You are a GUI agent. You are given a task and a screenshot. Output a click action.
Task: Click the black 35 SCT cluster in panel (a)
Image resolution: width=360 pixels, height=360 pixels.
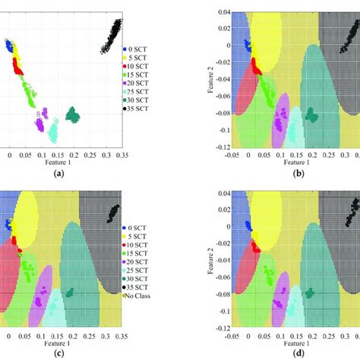click(112, 36)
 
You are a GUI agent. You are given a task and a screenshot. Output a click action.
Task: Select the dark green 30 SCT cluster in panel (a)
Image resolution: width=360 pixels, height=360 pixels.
click(73, 115)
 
